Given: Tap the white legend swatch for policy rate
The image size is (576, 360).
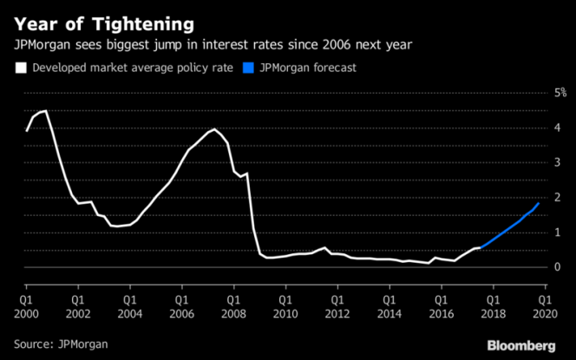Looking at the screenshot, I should tap(19, 66).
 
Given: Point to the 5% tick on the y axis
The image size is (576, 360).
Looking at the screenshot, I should tap(560, 92).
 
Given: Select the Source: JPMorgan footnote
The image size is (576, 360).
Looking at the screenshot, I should tap(61, 344).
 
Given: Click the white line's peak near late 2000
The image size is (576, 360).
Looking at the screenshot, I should tap(45, 111).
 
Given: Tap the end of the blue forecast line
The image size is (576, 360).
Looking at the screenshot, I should tap(540, 203).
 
